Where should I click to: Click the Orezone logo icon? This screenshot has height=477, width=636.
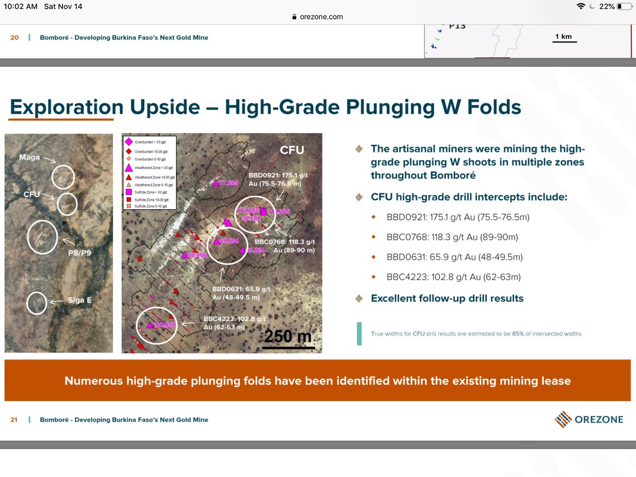(563, 420)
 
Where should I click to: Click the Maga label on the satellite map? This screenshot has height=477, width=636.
(30, 157)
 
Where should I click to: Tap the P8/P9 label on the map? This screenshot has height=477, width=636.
(79, 253)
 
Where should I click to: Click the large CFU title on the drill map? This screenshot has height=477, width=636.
(292, 151)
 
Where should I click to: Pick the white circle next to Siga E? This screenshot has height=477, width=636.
(37, 303)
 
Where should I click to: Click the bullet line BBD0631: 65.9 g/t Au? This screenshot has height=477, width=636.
(455, 257)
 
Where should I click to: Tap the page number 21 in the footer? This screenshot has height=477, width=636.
(14, 420)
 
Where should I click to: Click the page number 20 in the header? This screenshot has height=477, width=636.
(14, 38)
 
